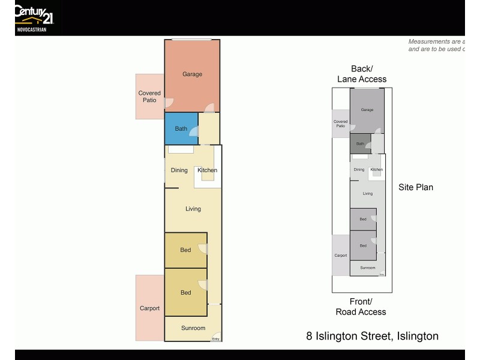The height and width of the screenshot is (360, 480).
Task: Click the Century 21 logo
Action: [x=34, y=13]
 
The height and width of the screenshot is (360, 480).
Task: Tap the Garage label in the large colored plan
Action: [x=192, y=74]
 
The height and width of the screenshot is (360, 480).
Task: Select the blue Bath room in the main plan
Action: [x=181, y=128]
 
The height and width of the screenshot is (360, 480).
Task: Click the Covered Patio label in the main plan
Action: [x=149, y=97]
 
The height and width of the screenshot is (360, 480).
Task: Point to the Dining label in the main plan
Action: [x=179, y=170]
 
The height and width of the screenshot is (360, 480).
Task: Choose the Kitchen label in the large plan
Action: [x=208, y=170]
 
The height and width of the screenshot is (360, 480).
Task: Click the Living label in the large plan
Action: [x=193, y=209]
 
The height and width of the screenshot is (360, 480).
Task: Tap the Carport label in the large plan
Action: [x=150, y=308]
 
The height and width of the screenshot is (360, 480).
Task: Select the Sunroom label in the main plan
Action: [x=193, y=328]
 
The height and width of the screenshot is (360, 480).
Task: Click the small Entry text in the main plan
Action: [x=216, y=340]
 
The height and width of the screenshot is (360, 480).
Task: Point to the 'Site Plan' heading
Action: [x=416, y=187]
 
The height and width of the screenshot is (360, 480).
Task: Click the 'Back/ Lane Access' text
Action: [x=362, y=74]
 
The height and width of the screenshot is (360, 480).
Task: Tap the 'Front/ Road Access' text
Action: [x=361, y=307]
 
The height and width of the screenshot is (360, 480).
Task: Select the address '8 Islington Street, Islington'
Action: [x=372, y=336]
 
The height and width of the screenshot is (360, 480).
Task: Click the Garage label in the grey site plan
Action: [x=367, y=110]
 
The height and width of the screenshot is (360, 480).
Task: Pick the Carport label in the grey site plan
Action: [x=341, y=256]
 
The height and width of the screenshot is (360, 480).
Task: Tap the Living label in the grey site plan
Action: [x=368, y=193]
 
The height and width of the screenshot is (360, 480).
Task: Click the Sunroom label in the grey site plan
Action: [x=367, y=268]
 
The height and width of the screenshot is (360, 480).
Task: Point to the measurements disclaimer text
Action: [x=436, y=46]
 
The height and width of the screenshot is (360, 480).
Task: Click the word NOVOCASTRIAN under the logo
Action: [x=31, y=29]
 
